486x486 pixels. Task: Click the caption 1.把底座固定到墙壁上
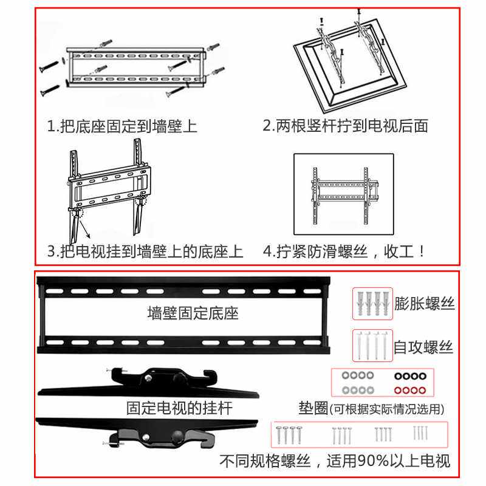(x=122, y=126)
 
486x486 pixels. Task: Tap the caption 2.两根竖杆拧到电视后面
(x=345, y=126)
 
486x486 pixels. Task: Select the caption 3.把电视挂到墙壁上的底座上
(x=145, y=252)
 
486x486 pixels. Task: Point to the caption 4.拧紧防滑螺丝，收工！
(x=345, y=252)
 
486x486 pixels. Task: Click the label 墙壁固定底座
(x=193, y=313)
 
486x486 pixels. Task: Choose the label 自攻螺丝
(x=423, y=347)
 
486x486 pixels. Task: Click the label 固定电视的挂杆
(x=179, y=408)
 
